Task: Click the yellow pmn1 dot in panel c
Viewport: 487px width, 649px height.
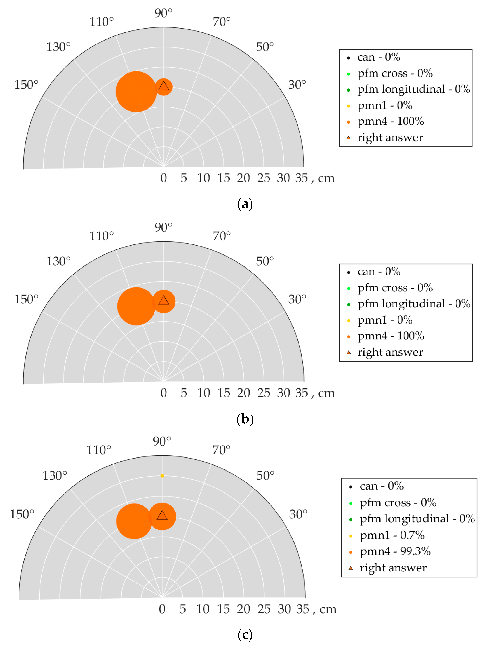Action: pos(162,476)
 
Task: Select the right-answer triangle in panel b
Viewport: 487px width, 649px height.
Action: pos(164,300)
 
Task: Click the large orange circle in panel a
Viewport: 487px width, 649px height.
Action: pos(136,92)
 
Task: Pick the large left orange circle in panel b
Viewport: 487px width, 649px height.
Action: pos(136,306)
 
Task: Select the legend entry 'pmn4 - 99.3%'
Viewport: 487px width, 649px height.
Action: pos(395,551)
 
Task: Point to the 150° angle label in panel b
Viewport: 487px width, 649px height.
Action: pos(26,299)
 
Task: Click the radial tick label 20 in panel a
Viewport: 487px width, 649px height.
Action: pos(243,178)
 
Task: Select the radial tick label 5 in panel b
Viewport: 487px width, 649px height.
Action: pos(184,393)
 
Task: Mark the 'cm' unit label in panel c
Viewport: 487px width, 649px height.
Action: pos(328,609)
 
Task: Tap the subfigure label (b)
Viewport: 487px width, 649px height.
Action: pos(245,419)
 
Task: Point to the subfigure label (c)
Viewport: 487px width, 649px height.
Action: pos(245,635)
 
